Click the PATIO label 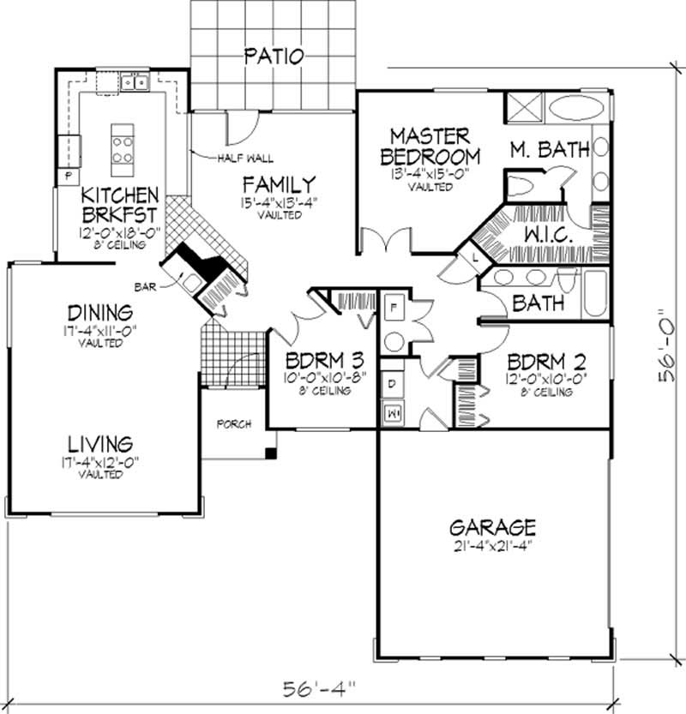point(274,57)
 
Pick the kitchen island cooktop point(122,145)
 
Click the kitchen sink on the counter point(133,82)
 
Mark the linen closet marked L point(474,256)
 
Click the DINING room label point(103,312)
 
